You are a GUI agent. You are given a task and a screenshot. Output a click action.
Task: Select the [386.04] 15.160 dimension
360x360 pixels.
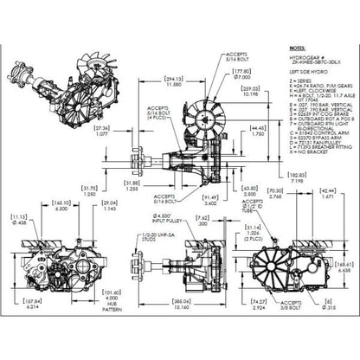coord(181,305)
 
